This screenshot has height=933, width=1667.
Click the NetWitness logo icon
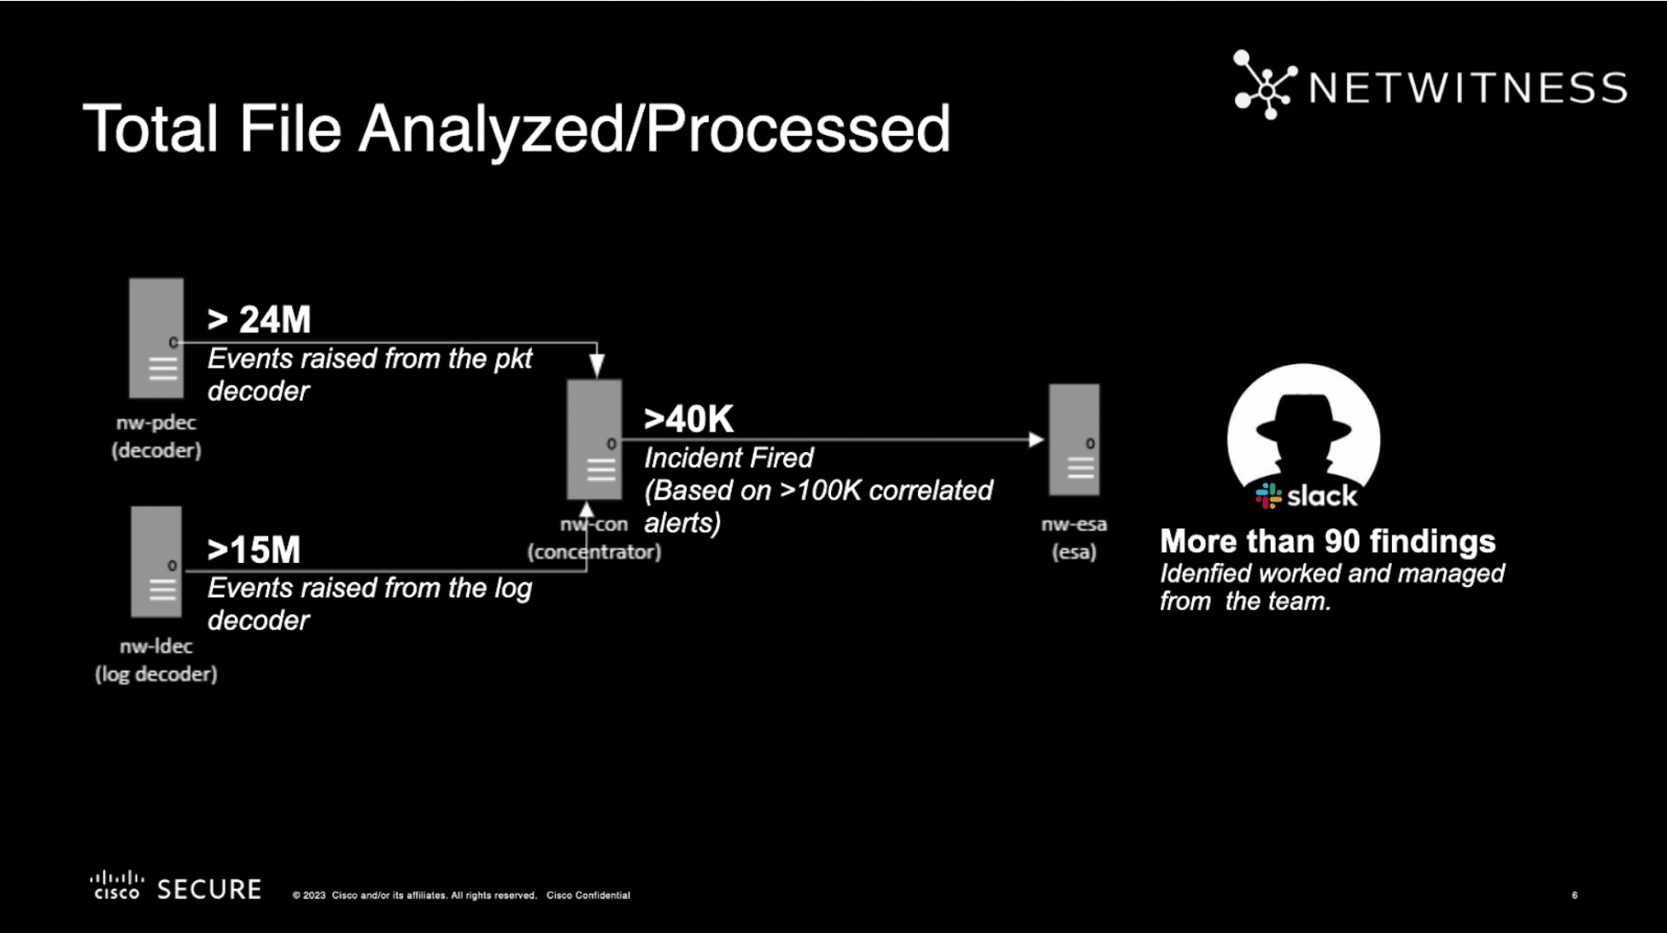[1264, 85]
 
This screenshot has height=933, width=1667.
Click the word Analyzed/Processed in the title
[654, 128]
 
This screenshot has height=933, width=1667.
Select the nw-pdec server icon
[156, 338]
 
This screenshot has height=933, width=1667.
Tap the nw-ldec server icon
[156, 561]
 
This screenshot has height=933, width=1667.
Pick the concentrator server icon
[594, 439]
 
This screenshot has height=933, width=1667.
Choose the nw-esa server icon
[1074, 439]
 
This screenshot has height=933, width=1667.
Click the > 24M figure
[259, 320]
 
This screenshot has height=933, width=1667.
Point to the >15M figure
[254, 550]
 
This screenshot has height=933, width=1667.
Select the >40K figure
[689, 420]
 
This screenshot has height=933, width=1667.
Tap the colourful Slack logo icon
[1268, 496]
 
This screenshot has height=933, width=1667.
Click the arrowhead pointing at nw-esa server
[1037, 440]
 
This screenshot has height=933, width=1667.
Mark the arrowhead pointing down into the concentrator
[597, 365]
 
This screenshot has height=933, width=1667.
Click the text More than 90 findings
[1328, 541]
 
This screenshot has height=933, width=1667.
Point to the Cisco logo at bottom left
[117, 885]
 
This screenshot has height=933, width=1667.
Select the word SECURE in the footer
[209, 889]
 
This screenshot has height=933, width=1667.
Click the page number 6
[1575, 895]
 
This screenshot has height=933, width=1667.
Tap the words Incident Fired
[728, 458]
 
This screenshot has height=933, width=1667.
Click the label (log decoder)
[156, 674]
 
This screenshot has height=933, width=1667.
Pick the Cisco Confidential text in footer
[588, 895]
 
